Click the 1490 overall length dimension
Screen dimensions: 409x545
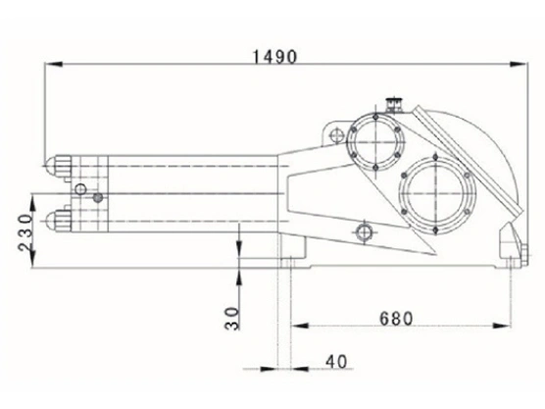tap(273, 56)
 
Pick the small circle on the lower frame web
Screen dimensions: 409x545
tap(365, 232)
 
